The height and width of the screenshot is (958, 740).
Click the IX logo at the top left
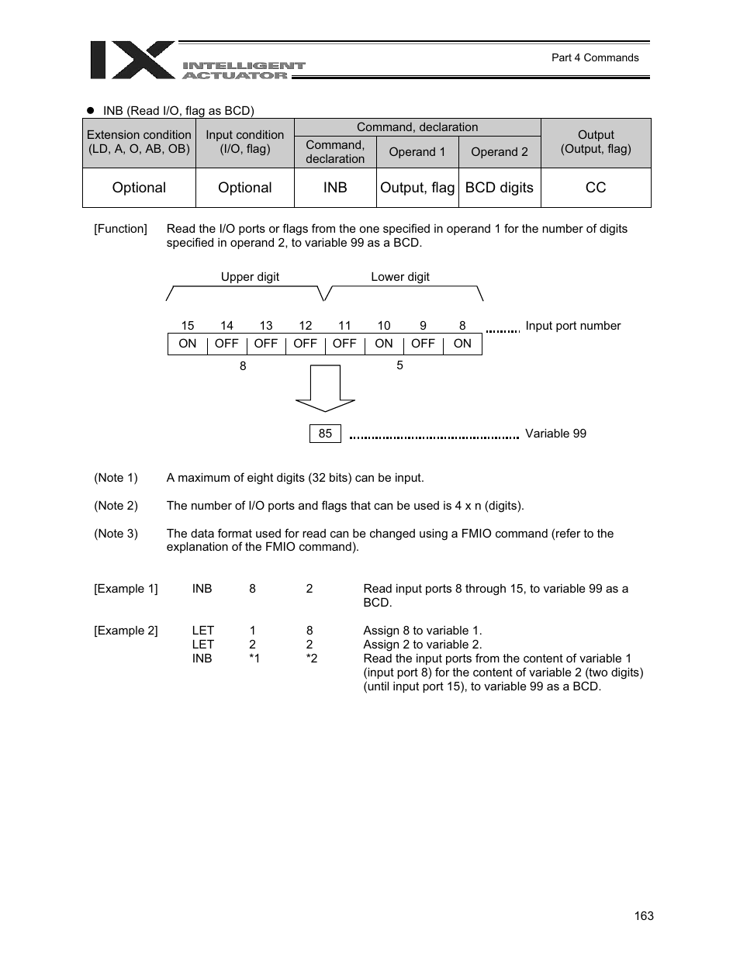click(132, 60)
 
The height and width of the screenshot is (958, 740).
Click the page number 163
click(643, 916)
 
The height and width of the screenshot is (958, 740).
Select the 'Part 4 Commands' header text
click(595, 57)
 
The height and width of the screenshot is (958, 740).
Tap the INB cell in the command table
click(335, 188)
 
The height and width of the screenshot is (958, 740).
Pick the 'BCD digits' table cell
click(499, 188)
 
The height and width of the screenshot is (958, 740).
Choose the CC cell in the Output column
click(596, 188)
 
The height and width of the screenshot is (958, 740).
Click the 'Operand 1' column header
click(417, 152)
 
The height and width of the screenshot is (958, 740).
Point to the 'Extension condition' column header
click(139, 142)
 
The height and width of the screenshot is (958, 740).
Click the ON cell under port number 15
click(188, 344)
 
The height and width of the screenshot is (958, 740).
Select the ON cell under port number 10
click(384, 344)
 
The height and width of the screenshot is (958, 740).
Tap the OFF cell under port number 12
click(305, 344)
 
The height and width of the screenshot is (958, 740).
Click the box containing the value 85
click(325, 434)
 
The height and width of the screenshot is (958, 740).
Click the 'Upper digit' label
click(250, 277)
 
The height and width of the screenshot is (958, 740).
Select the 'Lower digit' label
click(399, 277)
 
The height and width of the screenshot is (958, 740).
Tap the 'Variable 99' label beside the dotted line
click(555, 434)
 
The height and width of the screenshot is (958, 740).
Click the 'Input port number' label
click(572, 326)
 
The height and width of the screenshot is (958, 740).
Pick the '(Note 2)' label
click(116, 506)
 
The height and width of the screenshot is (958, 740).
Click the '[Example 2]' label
click(126, 631)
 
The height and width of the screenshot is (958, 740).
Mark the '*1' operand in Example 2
click(254, 659)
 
